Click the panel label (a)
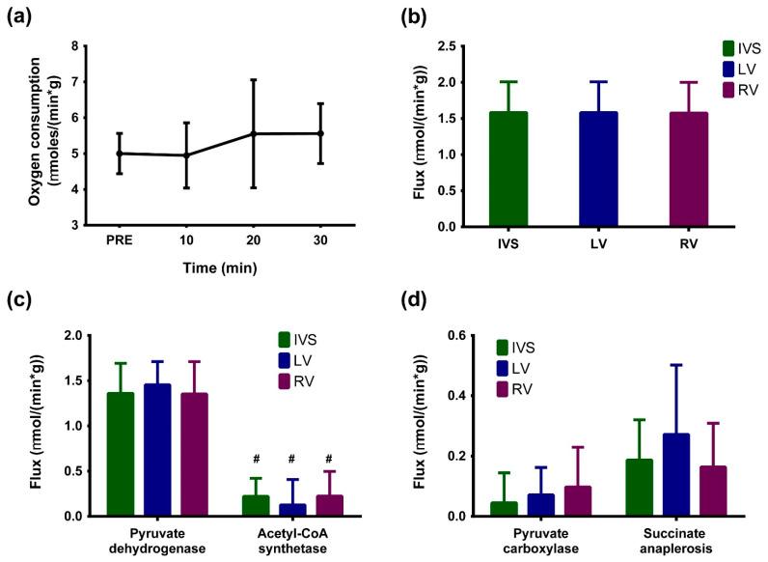click(x=20, y=16)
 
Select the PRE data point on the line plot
click(x=120, y=153)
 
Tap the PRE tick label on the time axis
click(x=120, y=241)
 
